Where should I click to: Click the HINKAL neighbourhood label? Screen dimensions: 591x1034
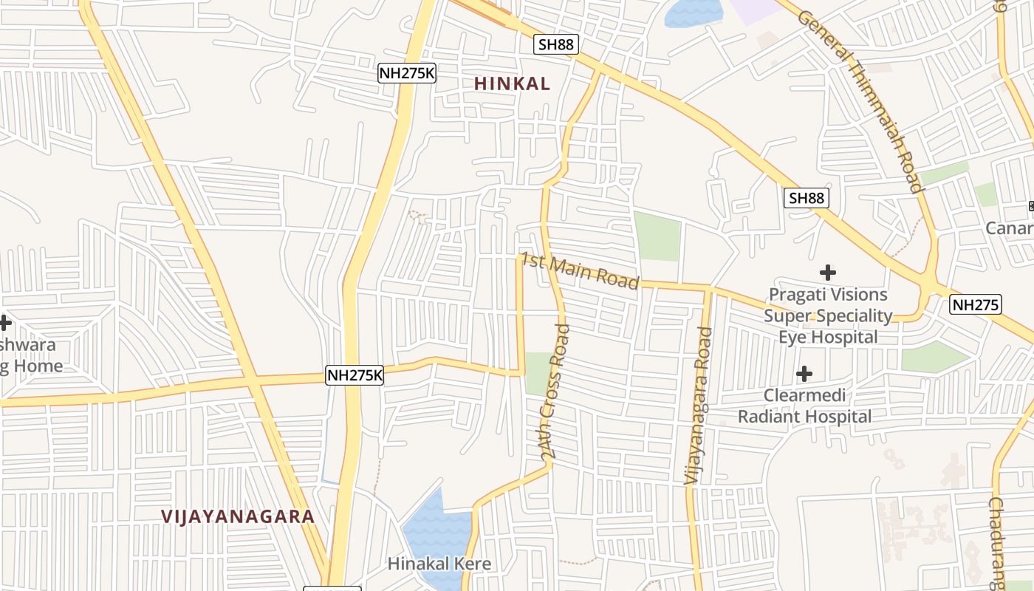(x=512, y=84)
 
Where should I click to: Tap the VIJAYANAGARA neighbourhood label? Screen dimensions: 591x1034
(x=238, y=516)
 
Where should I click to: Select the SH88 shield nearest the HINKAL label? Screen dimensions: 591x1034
(x=555, y=44)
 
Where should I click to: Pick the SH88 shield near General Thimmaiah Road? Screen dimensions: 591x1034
(x=806, y=198)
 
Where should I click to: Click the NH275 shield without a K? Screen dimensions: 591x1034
(x=976, y=304)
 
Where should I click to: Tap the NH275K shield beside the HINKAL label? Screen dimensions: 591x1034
(x=406, y=72)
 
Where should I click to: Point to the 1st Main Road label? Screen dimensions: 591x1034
(x=580, y=271)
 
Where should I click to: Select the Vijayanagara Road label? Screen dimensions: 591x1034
(x=698, y=406)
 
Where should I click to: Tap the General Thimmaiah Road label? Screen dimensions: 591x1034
(x=861, y=102)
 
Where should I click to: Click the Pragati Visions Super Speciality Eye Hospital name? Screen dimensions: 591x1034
(x=828, y=316)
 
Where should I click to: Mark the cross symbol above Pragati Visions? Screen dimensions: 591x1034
(x=828, y=273)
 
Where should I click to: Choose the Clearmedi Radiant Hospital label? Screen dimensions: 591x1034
(x=804, y=406)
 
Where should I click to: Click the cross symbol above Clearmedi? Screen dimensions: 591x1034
(x=804, y=374)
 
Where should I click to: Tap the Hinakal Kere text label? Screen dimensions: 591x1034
(x=439, y=564)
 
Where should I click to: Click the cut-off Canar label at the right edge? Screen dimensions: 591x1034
(x=1010, y=228)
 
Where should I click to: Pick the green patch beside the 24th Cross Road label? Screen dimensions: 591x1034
(x=537, y=373)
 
